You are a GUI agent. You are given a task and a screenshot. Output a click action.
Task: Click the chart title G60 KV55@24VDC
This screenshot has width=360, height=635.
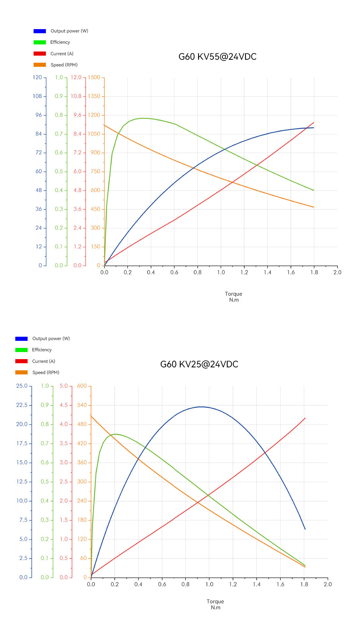point(217,57)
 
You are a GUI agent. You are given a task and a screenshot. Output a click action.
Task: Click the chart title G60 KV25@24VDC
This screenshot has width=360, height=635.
point(199,364)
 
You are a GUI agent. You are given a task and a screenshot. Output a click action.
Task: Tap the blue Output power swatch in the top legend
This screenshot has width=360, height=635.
point(40,31)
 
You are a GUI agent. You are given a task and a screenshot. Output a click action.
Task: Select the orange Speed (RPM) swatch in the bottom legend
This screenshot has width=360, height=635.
point(21,373)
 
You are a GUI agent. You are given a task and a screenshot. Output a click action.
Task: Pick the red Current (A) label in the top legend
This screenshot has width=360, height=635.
point(62,54)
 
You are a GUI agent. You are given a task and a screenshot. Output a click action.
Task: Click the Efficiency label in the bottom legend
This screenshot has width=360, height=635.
point(42,350)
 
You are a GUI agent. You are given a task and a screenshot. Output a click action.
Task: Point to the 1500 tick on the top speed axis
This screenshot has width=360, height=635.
point(94,78)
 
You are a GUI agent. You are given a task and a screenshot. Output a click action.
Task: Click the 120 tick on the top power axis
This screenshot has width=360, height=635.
point(37,78)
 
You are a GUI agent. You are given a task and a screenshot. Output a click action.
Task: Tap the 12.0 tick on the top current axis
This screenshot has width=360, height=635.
point(76,78)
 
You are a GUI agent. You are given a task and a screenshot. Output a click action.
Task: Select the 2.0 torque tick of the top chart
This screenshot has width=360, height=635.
point(337,273)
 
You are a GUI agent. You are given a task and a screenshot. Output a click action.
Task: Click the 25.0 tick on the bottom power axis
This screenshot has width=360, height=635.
point(22,386)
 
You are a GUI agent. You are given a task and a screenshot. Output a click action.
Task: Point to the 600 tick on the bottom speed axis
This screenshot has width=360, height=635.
point(82,386)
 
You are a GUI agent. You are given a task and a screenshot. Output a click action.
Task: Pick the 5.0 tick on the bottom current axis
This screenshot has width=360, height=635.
point(64,386)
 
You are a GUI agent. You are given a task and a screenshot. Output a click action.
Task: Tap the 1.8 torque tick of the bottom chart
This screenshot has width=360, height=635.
point(304,584)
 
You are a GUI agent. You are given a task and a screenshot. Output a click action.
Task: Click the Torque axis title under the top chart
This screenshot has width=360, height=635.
point(234,294)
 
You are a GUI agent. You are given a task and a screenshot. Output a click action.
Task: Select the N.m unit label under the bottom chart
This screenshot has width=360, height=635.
point(216,607)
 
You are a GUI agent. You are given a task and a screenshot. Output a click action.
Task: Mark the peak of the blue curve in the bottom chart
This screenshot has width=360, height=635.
point(201,407)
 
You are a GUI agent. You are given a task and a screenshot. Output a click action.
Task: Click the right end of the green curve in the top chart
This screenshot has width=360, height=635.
point(314,190)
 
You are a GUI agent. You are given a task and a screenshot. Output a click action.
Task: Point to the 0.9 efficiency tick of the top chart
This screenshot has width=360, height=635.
point(59,96)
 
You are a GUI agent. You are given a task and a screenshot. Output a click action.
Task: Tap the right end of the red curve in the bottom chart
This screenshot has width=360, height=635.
point(305,418)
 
